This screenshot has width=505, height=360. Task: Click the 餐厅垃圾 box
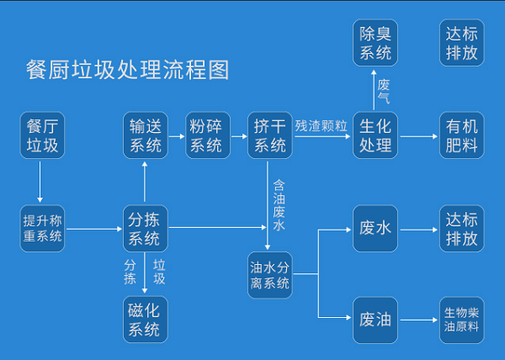click(42, 135)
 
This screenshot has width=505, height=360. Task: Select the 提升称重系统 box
click(42, 229)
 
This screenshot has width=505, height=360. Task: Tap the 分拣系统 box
click(146, 229)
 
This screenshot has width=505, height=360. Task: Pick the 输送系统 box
click(146, 135)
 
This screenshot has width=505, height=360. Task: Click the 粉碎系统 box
click(208, 135)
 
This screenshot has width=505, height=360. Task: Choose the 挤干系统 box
click(270, 135)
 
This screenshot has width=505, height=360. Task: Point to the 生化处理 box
click(375, 135)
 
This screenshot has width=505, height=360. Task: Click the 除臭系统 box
click(375, 42)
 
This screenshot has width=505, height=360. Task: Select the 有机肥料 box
click(462, 135)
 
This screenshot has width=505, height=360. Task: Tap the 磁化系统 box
click(146, 320)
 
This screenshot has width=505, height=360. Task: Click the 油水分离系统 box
click(270, 275)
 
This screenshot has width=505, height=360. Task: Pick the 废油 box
click(375, 320)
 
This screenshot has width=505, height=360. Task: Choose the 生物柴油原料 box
click(462, 320)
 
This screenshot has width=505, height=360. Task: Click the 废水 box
click(375, 229)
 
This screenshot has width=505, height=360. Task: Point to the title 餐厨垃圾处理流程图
click(128, 70)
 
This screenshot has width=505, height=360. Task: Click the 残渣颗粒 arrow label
click(322, 126)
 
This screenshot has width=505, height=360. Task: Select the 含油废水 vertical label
click(279, 205)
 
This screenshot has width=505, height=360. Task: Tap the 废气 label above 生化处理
click(384, 92)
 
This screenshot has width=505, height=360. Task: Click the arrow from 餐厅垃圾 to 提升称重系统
click(40, 182)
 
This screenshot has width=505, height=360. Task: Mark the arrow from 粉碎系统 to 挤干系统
click(239, 136)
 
